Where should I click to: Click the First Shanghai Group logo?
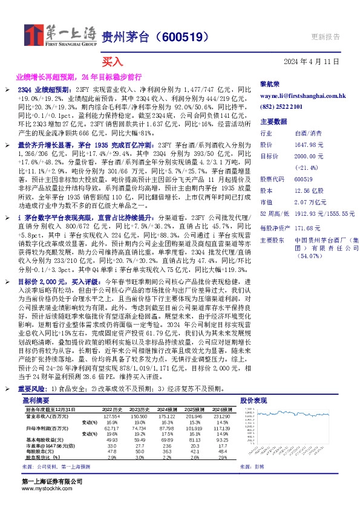[x=59, y=36]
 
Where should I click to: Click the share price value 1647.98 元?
[x=310, y=144]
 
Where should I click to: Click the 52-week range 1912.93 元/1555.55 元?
[x=324, y=213]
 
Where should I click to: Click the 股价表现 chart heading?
[x=253, y=401]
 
